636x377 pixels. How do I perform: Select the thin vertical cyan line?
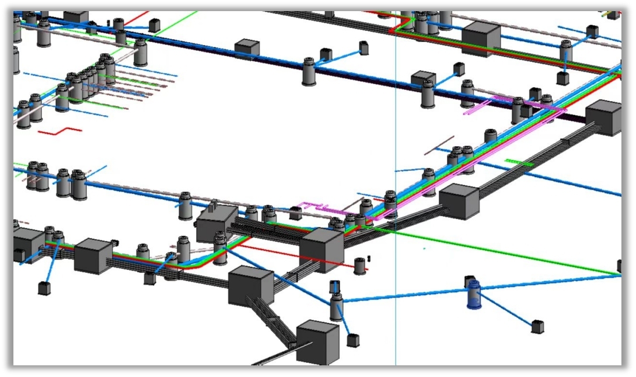396,146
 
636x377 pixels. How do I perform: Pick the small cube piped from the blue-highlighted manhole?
537,327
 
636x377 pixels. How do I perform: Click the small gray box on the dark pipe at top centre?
247,48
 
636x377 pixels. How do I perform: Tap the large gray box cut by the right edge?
604,117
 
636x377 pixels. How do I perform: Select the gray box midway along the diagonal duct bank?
459,201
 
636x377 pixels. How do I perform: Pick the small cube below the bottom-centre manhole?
353,340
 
